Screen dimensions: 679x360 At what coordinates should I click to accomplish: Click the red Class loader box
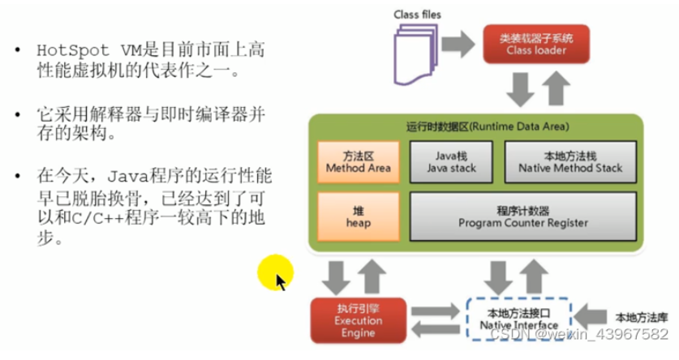tap(536, 44)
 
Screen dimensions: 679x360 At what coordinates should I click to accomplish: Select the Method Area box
tap(358, 162)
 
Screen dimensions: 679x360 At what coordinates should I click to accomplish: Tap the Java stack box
tap(451, 162)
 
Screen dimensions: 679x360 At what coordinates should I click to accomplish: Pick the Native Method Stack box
tap(570, 162)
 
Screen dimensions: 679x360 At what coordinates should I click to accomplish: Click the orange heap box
tap(358, 216)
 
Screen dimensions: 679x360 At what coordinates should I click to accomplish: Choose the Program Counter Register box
tap(523, 216)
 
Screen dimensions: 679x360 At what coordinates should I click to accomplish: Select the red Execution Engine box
tap(358, 320)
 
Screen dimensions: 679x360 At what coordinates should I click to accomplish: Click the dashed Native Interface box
tap(518, 319)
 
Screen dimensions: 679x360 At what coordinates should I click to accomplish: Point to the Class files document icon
tap(415, 54)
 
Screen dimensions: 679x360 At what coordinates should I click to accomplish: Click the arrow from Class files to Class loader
tap(458, 44)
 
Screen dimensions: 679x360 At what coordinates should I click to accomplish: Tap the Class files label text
tap(417, 15)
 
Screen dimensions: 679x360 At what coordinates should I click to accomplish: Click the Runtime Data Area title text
tap(488, 126)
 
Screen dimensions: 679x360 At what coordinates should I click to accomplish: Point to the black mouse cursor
tap(281, 282)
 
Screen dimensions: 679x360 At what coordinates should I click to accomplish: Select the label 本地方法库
tap(642, 318)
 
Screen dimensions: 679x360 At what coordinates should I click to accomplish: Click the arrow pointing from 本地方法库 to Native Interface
tap(591, 317)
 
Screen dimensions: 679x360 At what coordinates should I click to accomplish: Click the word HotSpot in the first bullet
tap(73, 50)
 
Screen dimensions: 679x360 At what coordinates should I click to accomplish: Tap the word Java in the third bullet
tap(127, 177)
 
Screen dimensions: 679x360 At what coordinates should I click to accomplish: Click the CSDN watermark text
tap(579, 334)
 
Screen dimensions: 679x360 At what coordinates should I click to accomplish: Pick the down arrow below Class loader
tap(520, 89)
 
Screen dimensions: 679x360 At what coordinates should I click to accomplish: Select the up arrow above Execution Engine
tap(372, 277)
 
